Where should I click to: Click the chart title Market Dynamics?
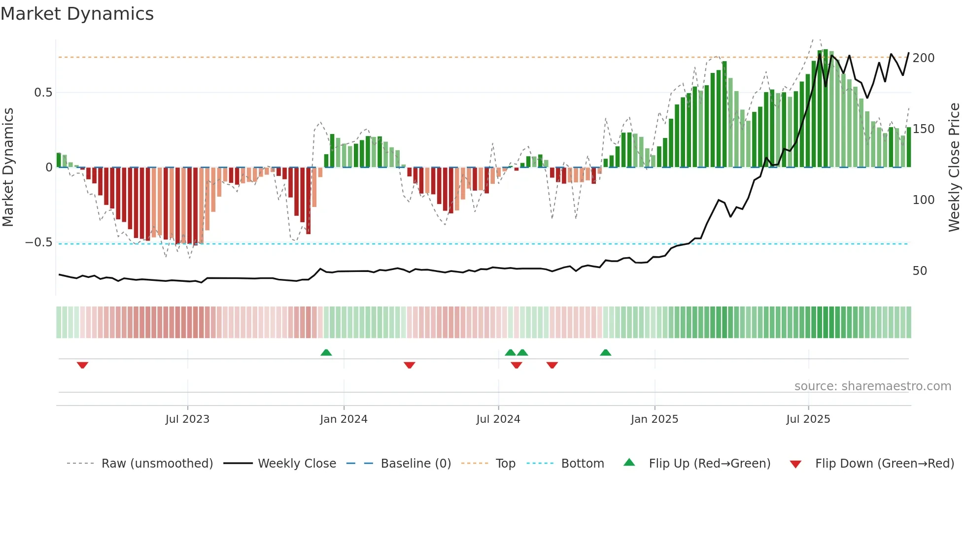[77, 14]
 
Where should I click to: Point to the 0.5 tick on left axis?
[43, 93]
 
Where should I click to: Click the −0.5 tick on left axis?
[39, 242]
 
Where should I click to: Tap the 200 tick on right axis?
[923, 58]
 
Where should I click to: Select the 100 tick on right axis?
[923, 200]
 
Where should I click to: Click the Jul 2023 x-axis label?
[187, 419]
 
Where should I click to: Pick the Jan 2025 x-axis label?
[654, 419]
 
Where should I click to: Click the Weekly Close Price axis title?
[954, 168]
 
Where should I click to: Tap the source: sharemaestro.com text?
[872, 386]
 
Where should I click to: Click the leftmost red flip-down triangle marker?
[82, 365]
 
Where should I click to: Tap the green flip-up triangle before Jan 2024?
[326, 352]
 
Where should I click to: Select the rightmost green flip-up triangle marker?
[606, 352]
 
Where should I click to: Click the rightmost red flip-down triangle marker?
[552, 365]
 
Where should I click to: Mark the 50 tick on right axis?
[920, 271]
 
